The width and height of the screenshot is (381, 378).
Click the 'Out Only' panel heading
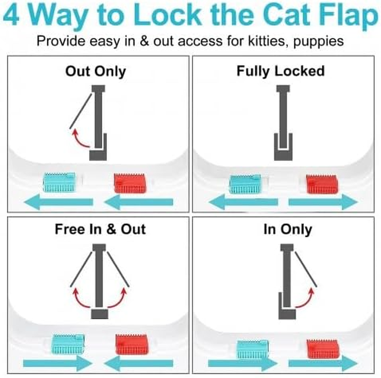pos(96,71)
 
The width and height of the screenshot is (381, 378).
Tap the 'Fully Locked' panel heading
pos(281,71)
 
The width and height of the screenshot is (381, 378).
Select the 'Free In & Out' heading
pos(100,229)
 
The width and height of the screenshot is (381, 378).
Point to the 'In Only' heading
pos(287,229)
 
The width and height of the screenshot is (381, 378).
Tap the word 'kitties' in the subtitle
pos(262,41)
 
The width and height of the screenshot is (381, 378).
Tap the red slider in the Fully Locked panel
pos(322,184)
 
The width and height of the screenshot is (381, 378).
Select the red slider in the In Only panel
pos(322,348)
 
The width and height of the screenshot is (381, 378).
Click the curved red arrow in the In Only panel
pos(304,300)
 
